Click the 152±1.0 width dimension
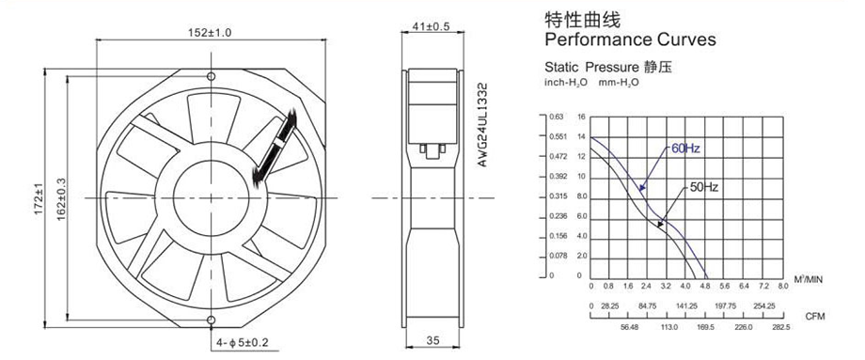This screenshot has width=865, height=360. click(x=210, y=33)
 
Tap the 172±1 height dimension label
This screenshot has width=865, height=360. click(x=39, y=199)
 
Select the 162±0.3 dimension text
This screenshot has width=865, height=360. click(x=61, y=199)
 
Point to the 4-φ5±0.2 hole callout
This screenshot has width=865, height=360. click(x=242, y=343)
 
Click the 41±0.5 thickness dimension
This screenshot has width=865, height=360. click(x=432, y=26)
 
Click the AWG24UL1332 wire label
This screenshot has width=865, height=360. click(x=482, y=125)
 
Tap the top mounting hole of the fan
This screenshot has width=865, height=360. click(x=212, y=75)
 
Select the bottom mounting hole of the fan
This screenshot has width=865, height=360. click(x=212, y=321)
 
